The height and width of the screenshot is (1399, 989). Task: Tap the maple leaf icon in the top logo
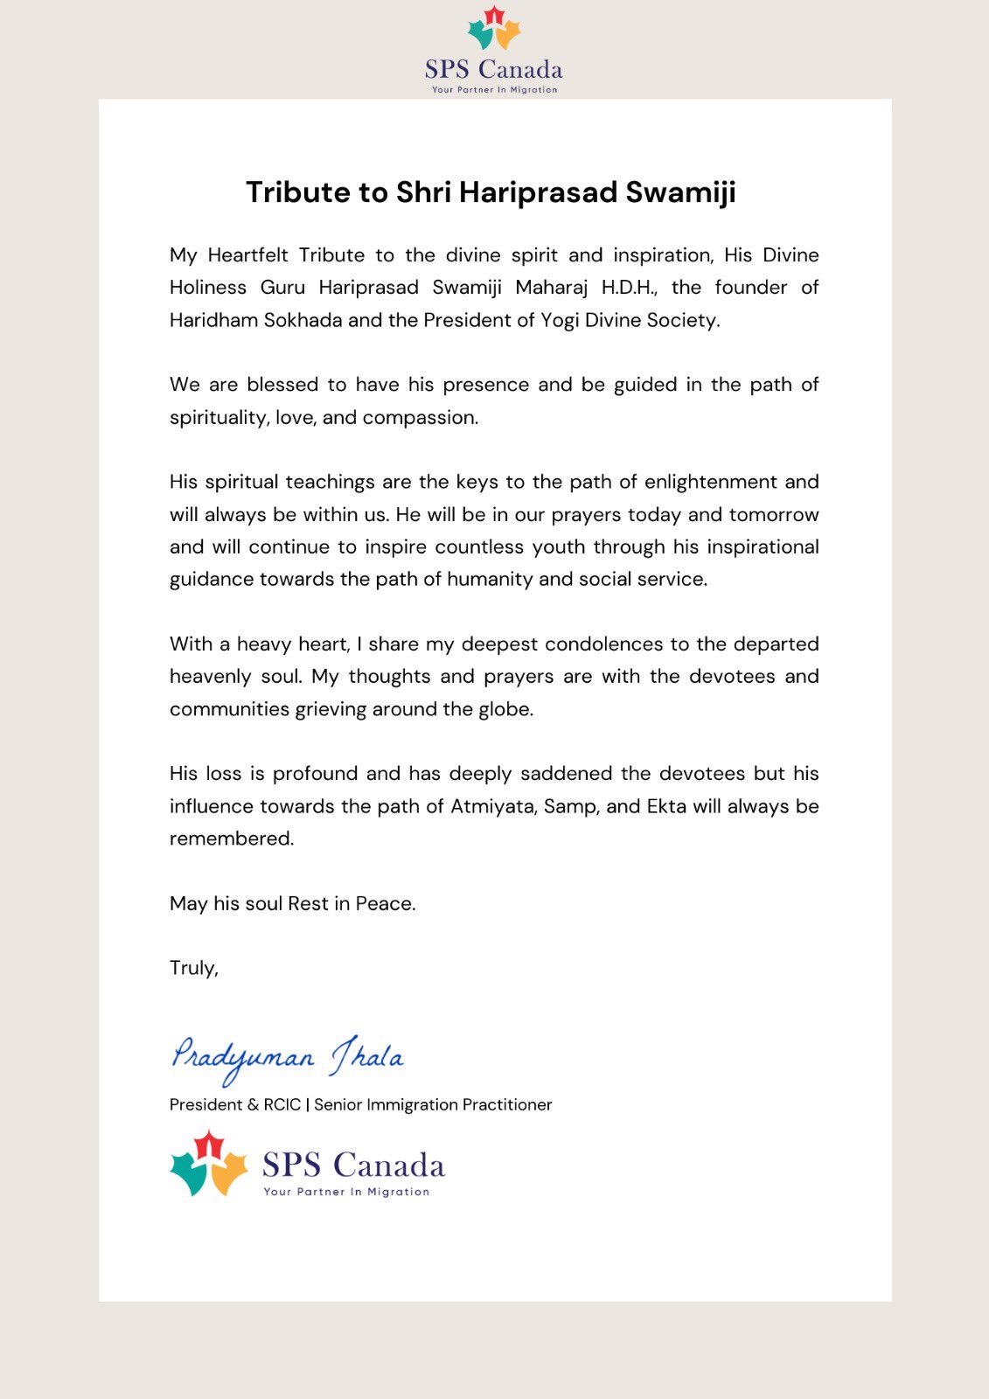494,28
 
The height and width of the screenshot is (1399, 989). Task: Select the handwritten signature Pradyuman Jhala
287,1058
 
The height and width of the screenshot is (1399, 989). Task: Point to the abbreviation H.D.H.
627,288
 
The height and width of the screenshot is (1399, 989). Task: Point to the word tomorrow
774,514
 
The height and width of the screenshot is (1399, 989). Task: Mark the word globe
505,709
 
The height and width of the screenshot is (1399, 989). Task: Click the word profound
315,774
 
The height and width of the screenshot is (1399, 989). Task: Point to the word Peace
385,903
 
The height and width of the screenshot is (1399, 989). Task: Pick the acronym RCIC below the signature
282,1104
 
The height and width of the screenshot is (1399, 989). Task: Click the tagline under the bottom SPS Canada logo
346,1192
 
